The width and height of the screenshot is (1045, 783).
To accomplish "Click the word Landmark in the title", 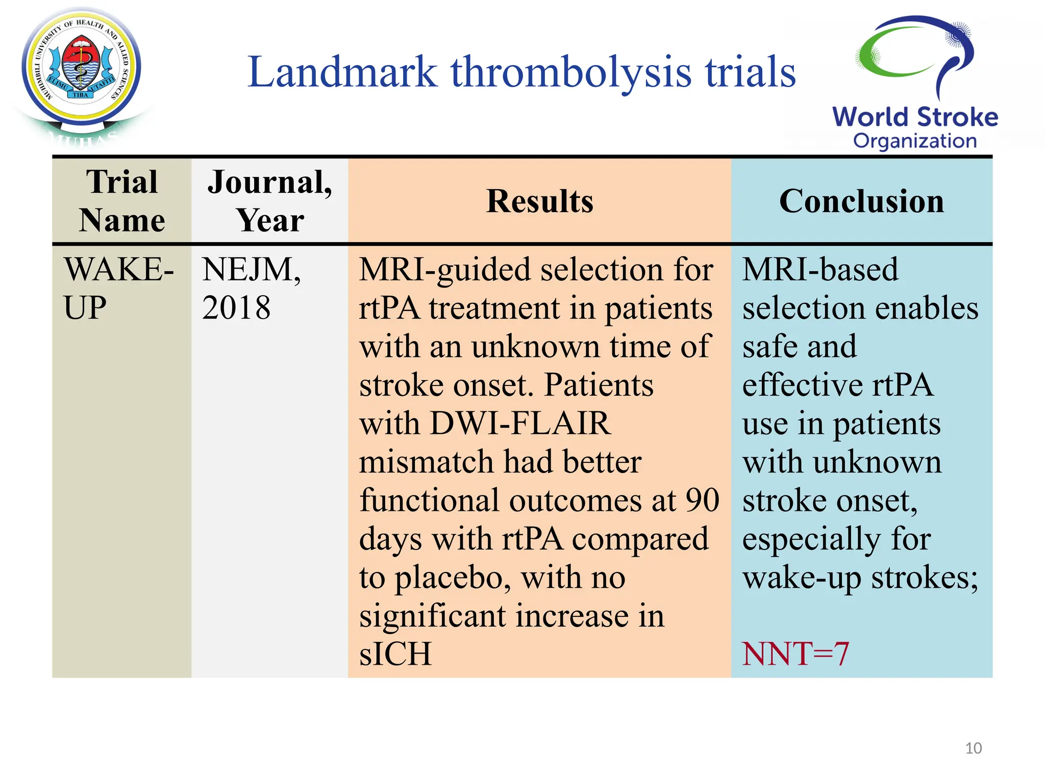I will pos(342,72).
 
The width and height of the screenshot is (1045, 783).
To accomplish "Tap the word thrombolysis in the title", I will pos(571,72).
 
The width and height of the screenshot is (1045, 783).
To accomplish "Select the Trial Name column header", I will pos(122,201).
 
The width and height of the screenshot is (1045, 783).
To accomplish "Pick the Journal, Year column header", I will pos(270,201).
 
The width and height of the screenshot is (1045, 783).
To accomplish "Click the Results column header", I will pos(539,201).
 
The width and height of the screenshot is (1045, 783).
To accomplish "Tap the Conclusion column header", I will pos(861,201).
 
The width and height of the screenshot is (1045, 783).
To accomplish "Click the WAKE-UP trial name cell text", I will pos(118,288).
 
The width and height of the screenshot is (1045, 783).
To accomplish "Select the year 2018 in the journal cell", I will pos(236,308).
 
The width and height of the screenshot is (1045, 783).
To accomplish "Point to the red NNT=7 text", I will pos(795,654).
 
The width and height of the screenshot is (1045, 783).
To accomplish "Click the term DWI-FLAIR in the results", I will pos(520,423).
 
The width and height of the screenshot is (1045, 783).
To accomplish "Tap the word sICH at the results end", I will pos(395,654).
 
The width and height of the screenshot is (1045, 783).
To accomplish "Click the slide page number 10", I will pos(974,748).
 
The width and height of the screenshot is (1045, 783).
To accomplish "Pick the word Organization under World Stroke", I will pos(915,141).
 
